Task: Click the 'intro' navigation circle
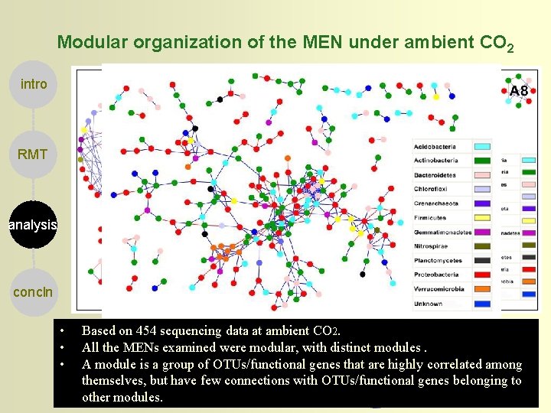tap(33, 84)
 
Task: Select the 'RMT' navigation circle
tap(33, 154)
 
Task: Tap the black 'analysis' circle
tap(33, 225)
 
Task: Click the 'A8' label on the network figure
tap(518, 91)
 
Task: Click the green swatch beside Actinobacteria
tap(482, 161)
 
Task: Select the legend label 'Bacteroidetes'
tap(435, 174)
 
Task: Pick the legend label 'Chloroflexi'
tap(431, 189)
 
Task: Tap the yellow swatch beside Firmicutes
tap(482, 218)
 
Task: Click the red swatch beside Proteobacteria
tap(482, 275)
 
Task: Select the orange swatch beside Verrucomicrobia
tap(482, 289)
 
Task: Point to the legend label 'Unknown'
tap(428, 304)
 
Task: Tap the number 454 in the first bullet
tap(148, 331)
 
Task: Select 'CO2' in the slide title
tap(495, 44)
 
